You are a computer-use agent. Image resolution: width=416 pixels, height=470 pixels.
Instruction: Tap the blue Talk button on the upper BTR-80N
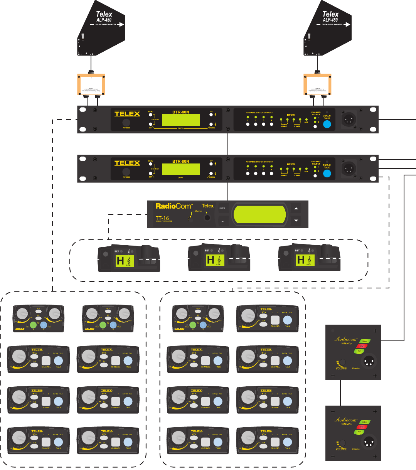(x=327, y=125)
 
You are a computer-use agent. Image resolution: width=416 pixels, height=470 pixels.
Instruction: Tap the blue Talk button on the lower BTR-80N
(x=327, y=174)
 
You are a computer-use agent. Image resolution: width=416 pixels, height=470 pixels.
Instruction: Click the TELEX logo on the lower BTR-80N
(x=127, y=163)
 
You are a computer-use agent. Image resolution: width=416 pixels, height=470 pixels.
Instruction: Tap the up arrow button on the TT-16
(x=296, y=209)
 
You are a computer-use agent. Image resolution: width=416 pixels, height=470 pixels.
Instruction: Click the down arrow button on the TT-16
(x=296, y=221)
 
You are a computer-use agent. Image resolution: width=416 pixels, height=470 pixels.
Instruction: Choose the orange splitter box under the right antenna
(x=318, y=85)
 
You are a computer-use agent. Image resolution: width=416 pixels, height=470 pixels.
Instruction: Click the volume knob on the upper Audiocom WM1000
(x=342, y=363)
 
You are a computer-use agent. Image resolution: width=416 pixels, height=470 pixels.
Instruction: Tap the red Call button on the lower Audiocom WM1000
(x=361, y=427)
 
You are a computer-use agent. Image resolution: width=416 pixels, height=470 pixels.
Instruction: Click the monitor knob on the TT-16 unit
(x=208, y=218)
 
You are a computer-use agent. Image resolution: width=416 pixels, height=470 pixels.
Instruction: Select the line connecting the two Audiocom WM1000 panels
(x=340, y=393)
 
